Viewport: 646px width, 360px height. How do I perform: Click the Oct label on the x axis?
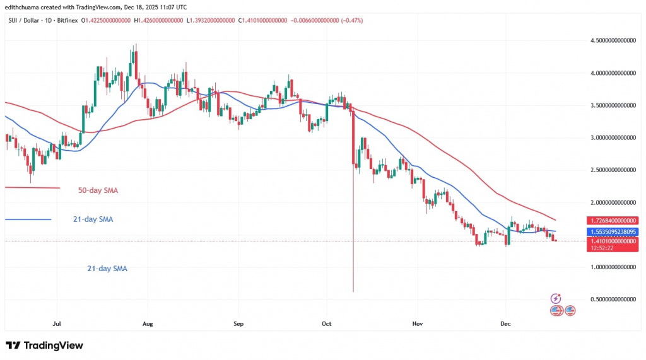(326, 323)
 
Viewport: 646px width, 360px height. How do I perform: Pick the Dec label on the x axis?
(506, 323)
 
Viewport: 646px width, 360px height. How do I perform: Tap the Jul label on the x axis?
(57, 323)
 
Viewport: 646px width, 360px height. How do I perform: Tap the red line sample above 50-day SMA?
(32, 187)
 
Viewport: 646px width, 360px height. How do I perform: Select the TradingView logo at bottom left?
(44, 345)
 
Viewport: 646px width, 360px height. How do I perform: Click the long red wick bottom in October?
(353, 291)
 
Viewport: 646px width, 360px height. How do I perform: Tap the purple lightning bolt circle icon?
(556, 298)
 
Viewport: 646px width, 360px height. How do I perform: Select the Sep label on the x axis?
(238, 323)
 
